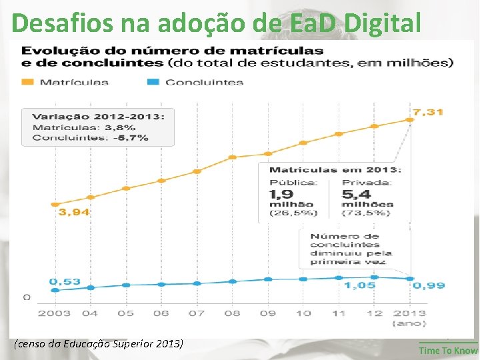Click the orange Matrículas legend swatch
click(x=28, y=82)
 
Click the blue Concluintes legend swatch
click(x=153, y=82)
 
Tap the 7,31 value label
click(x=427, y=112)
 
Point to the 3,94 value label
click(x=75, y=212)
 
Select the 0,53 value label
click(x=65, y=281)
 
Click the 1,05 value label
click(x=359, y=285)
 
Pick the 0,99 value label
click(x=429, y=285)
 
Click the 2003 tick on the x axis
click(x=55, y=313)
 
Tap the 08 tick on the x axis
click(x=232, y=313)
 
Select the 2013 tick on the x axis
click(x=410, y=313)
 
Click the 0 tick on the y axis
click(x=27, y=297)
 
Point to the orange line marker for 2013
click(x=410, y=120)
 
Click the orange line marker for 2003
click(x=55, y=204)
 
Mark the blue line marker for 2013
click(x=410, y=279)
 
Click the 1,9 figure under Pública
click(x=281, y=194)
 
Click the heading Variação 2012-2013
click(x=98, y=116)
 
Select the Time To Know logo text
click(x=448, y=351)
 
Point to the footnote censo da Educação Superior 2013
click(x=97, y=345)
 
